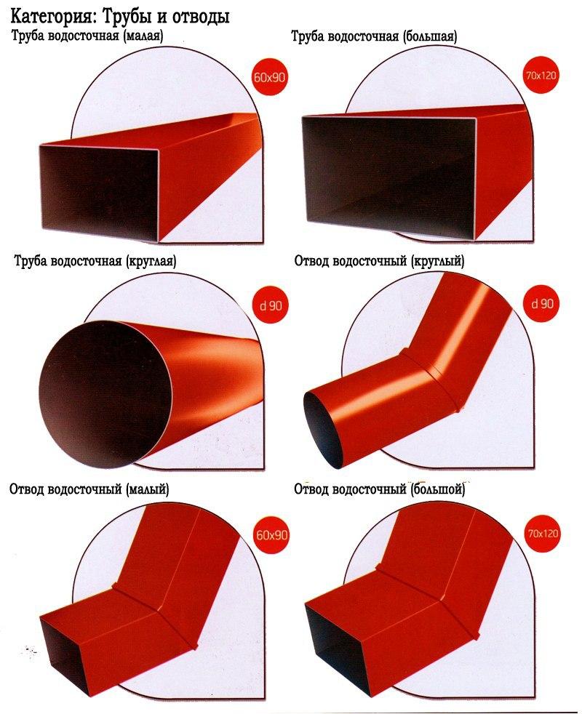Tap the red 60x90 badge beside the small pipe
point(269,77)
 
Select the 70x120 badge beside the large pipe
point(541,75)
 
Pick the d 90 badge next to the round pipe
point(271,305)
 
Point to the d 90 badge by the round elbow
point(542,304)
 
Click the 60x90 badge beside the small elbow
point(271,534)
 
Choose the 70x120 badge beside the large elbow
point(543,533)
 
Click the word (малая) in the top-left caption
point(143,36)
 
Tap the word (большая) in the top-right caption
point(430,36)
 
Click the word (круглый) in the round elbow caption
point(437,261)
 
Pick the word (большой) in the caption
point(437,489)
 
